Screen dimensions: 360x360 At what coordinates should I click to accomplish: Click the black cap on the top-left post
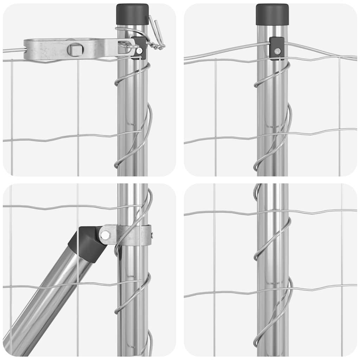click(133, 14)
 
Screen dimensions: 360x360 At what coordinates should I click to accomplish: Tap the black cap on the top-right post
click(272, 14)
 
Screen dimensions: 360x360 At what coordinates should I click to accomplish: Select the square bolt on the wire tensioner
click(75, 49)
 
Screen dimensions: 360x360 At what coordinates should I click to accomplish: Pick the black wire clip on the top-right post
click(277, 48)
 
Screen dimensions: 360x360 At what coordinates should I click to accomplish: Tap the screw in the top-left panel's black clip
click(140, 51)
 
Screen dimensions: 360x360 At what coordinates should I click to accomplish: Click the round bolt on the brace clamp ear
click(105, 235)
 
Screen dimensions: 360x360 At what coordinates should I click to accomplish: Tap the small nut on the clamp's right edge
click(152, 234)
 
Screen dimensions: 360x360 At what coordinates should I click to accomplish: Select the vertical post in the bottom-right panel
click(273, 316)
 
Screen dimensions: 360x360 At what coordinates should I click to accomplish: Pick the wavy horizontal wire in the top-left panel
click(53, 138)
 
